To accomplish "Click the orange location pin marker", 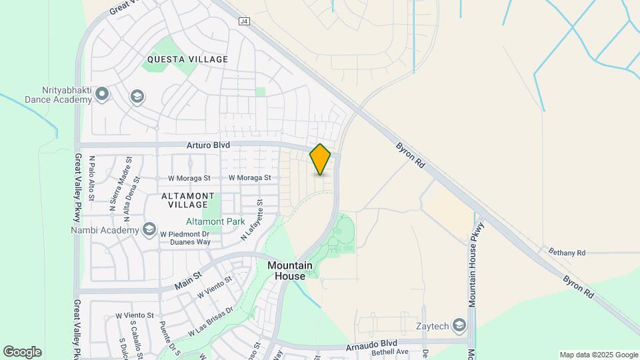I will tap(321, 159).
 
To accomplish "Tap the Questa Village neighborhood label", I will tap(187, 59).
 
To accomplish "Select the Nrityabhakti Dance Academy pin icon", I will tap(102, 94).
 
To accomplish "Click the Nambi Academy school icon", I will tap(149, 230).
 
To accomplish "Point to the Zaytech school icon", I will tap(459, 325).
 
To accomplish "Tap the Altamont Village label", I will tap(188, 200).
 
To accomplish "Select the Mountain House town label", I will tap(291, 270).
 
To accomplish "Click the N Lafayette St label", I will tap(253, 220).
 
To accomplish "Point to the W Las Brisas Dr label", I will tap(210, 321).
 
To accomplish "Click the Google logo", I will tap(21, 351).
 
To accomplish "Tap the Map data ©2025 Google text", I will tap(598, 355).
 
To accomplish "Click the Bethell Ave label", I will tap(389, 351).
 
